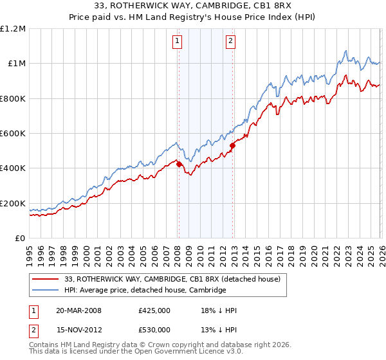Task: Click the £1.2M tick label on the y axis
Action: coord(13,28)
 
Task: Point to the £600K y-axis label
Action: coord(13,133)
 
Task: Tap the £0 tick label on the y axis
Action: coord(21,238)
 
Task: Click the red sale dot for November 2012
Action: coord(232,145)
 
